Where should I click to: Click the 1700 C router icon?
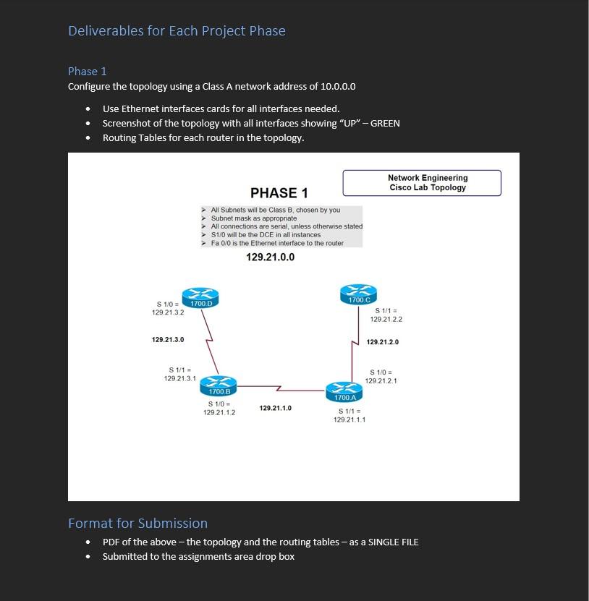(x=359, y=294)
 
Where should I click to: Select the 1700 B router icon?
(x=219, y=385)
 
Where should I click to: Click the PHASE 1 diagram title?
(x=279, y=192)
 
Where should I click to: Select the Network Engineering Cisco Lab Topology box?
(x=422, y=183)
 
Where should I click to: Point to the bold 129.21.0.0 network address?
(x=270, y=257)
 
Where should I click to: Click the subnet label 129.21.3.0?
(x=168, y=339)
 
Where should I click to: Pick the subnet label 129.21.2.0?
(x=383, y=342)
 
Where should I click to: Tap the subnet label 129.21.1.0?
(x=275, y=409)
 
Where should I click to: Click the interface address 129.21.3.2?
(x=168, y=312)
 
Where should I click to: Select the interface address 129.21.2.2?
(x=386, y=319)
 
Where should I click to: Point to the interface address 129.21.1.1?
(x=349, y=419)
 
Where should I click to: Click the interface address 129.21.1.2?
(x=219, y=412)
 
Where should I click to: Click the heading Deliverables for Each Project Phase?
(x=177, y=30)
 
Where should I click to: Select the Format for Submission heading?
(x=137, y=523)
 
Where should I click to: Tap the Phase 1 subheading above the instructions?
(x=88, y=71)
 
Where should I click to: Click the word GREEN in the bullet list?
(x=385, y=123)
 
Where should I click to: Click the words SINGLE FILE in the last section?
(x=394, y=542)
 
